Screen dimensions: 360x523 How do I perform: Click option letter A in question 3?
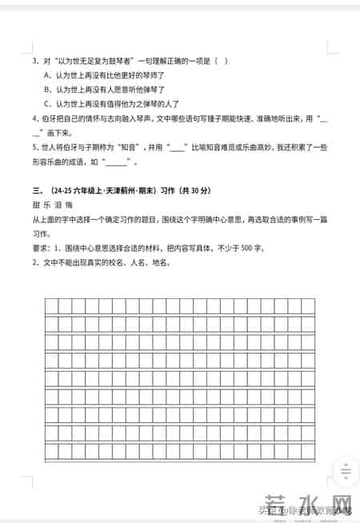pos(47,75)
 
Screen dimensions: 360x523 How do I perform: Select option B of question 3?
pos(47,90)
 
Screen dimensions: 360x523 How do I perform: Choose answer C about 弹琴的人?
pos(47,104)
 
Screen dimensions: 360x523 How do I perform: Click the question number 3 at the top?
pos(34,61)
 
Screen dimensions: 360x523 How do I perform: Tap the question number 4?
pos(34,118)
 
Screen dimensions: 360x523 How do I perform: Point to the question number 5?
pos(34,148)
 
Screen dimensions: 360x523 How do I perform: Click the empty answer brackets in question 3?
pos(224,61)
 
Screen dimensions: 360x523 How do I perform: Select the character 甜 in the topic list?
pos(36,205)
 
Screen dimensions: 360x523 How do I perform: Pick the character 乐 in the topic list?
pos(48,205)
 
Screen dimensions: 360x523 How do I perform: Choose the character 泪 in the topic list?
pos(60,205)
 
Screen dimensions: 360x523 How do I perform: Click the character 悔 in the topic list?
pos(72,205)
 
